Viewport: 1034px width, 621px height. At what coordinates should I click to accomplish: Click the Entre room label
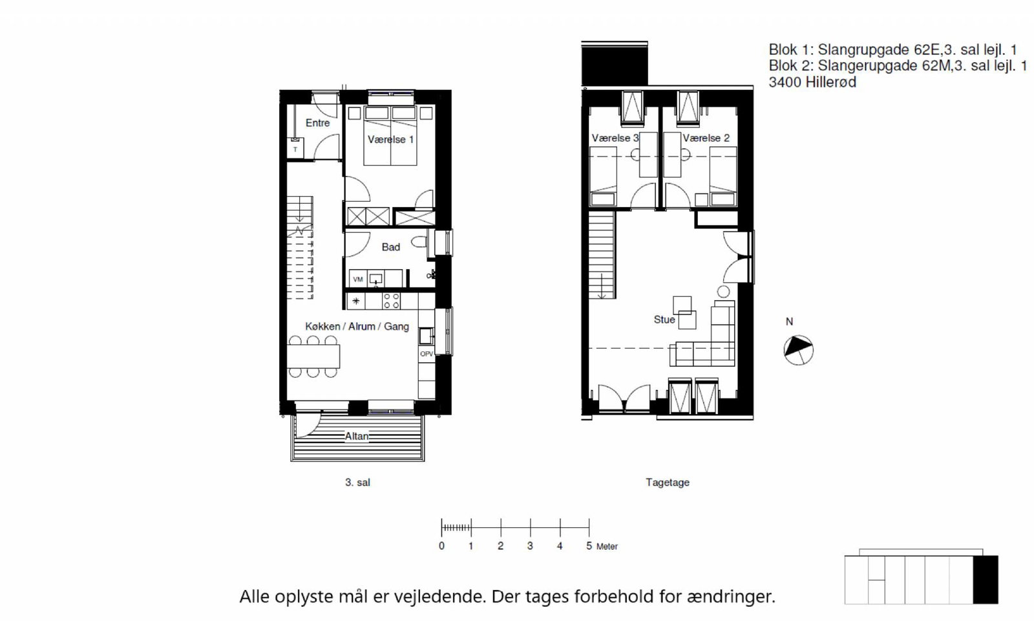[317, 123]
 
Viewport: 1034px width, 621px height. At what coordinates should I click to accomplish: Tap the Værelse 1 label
[390, 140]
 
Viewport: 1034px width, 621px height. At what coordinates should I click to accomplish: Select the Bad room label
[390, 247]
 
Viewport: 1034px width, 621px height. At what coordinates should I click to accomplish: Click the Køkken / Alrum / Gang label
[357, 327]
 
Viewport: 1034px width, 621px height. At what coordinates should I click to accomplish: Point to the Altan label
[357, 436]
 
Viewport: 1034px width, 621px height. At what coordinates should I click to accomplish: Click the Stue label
[664, 320]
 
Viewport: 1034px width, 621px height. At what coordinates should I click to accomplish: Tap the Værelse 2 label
[706, 138]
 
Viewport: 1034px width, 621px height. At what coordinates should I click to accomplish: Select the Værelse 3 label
[615, 138]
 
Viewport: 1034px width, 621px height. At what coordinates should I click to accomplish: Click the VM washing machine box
[358, 279]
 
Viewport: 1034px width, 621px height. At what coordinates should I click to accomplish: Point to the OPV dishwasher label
[427, 354]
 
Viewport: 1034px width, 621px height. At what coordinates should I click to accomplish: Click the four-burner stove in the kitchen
[392, 301]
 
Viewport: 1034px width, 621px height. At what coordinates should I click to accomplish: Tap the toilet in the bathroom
[420, 242]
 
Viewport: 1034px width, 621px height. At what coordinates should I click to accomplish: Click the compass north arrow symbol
[799, 350]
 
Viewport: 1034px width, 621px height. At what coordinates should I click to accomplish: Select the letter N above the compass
[789, 321]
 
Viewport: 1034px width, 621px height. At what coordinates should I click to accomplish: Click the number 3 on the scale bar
[530, 546]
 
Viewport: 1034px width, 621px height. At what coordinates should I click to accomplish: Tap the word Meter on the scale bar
[607, 547]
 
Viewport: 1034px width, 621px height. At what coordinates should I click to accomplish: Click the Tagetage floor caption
[668, 483]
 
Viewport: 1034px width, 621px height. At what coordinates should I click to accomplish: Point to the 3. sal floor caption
[358, 483]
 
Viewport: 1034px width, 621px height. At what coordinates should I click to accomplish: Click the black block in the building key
[986, 580]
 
